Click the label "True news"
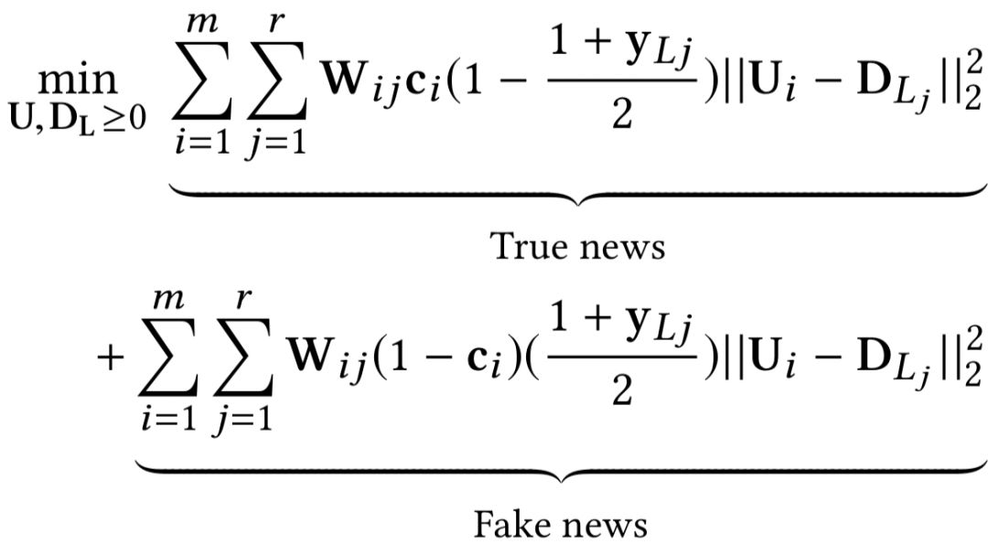(578, 245)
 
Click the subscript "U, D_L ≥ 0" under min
(79, 121)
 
